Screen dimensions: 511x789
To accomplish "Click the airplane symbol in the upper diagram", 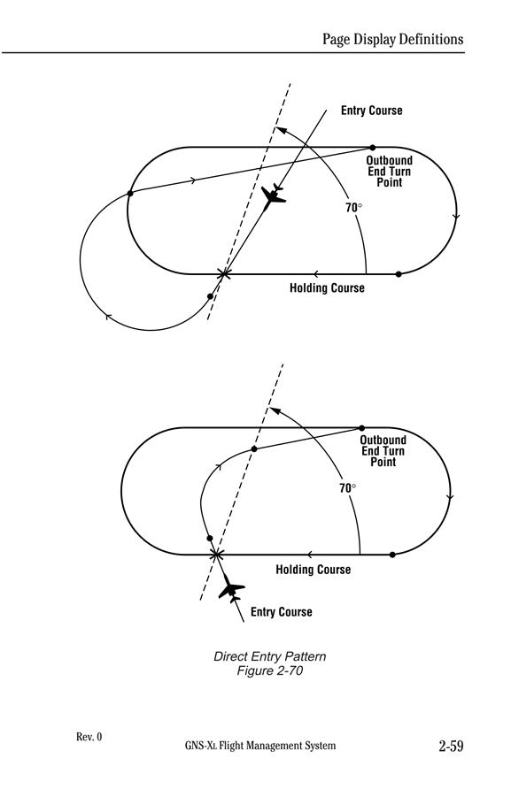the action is [x=273, y=196].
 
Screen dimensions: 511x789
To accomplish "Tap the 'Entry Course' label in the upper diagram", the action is [x=371, y=111].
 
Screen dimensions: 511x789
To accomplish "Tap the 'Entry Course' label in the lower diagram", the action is [x=282, y=612].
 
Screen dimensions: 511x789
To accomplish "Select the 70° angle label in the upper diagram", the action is [x=353, y=207].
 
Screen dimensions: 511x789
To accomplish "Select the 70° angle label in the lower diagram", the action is [x=348, y=488].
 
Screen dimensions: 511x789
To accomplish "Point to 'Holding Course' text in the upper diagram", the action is [x=327, y=288].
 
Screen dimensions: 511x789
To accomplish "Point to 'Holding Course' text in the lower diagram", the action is [x=313, y=570].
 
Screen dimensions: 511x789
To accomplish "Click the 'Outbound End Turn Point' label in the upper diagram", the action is [x=389, y=172].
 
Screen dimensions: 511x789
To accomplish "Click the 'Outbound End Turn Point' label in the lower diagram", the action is [x=383, y=451].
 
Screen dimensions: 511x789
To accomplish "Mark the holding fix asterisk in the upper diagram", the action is [x=224, y=273].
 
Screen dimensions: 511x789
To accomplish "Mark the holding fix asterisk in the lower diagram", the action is [x=216, y=555].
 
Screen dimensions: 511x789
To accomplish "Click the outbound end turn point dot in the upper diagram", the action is [x=373, y=148].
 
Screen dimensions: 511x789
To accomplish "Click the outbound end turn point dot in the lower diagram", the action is [x=361, y=428].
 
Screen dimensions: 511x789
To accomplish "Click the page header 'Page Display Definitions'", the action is [x=392, y=39].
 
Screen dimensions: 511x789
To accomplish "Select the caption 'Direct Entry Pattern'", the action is [x=269, y=656].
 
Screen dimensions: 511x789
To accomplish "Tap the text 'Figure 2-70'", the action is [x=269, y=670].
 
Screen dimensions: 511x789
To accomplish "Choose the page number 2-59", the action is [x=451, y=746].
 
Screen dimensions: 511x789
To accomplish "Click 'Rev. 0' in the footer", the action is [x=89, y=737].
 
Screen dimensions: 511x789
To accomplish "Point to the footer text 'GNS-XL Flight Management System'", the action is [x=260, y=746].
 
